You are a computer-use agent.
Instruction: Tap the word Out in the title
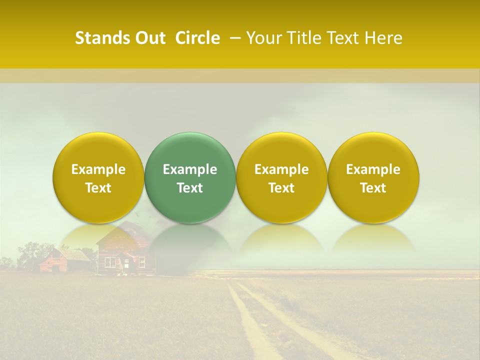point(149,38)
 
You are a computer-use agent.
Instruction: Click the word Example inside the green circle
point(190,169)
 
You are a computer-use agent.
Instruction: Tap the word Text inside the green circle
point(190,188)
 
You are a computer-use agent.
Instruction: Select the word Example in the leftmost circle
point(98,169)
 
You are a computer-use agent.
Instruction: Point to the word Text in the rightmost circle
point(373,188)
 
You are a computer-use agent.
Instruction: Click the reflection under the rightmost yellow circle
point(373,237)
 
